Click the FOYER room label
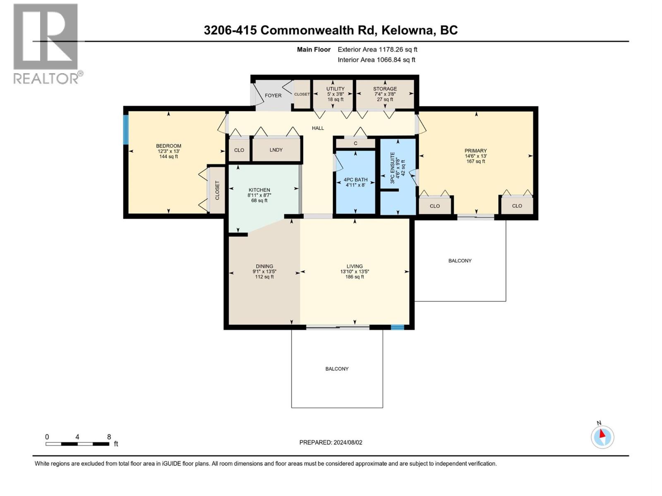[273, 95]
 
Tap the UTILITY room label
[335, 89]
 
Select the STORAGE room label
[385, 89]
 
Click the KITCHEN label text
[259, 190]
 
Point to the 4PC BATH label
[355, 180]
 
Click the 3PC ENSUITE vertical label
[393, 168]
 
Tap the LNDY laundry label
[276, 150]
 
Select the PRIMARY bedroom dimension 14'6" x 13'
[475, 156]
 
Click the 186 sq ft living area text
[355, 277]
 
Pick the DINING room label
[264, 266]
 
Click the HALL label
[318, 128]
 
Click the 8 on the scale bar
[109, 437]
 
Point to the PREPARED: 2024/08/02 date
[331, 442]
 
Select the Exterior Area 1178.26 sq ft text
[377, 50]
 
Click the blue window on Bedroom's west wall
[126, 130]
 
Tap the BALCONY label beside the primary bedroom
[460, 261]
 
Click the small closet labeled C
[355, 143]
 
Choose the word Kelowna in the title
[407, 31]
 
